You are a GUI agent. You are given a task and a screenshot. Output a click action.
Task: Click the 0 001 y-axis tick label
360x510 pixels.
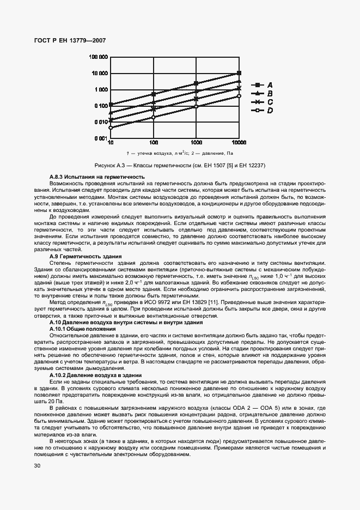pos(99,138)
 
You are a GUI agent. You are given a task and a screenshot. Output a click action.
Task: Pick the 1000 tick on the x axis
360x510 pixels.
pos(196,143)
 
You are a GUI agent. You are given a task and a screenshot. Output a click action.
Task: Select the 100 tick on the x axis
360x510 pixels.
pos(153,143)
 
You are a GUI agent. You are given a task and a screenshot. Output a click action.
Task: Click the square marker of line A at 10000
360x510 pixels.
pos(239,73)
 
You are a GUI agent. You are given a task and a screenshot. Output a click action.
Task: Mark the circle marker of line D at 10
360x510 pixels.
pos(111,127)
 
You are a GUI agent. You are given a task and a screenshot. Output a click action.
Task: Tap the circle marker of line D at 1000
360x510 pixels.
pos(196,107)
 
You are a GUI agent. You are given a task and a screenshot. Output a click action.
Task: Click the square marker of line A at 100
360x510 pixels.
pos(154,94)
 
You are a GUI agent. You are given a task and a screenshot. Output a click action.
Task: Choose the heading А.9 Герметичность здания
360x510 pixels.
pos(86,256)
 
